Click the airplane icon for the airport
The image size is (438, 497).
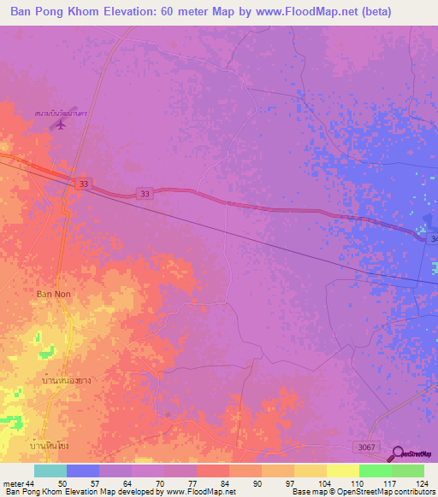59,125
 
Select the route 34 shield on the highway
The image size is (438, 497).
432,240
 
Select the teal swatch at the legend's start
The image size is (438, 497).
50,471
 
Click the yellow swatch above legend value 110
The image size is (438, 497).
342,471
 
